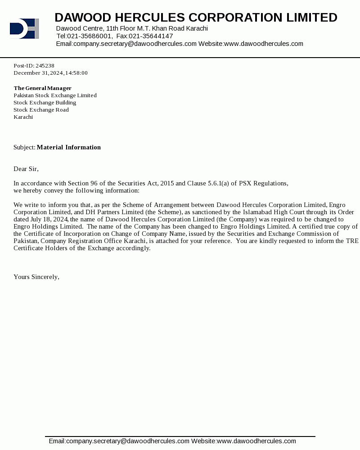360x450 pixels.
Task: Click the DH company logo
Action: click(x=24, y=28)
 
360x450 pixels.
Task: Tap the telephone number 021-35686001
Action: click(x=90, y=36)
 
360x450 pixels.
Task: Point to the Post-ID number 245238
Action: click(x=45, y=66)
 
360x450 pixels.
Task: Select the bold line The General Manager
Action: click(x=42, y=88)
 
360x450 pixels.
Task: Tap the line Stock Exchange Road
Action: click(x=41, y=110)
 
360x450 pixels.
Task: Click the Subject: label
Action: click(x=24, y=148)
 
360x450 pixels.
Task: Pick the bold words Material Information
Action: click(x=69, y=148)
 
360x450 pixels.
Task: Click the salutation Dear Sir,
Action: click(x=26, y=169)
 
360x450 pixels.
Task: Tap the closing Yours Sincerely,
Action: click(x=36, y=277)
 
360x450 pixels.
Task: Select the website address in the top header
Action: click(x=263, y=44)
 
